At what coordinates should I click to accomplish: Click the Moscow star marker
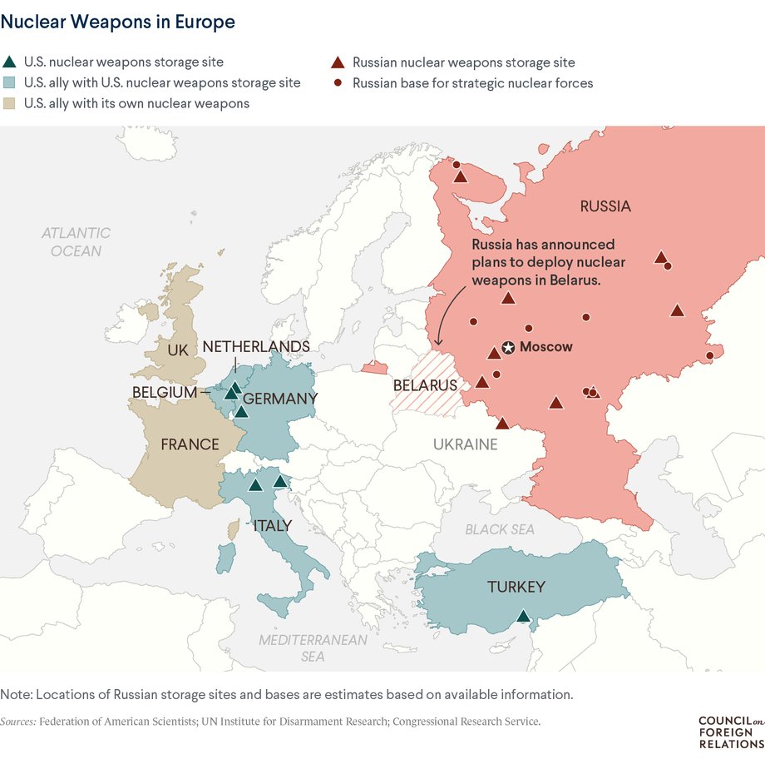point(508,347)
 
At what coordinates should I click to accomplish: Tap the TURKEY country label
point(516,587)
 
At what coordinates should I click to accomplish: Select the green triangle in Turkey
point(522,617)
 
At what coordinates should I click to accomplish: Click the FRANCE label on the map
point(190,444)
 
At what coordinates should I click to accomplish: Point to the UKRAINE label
point(465,444)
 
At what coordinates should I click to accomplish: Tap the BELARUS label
point(425,385)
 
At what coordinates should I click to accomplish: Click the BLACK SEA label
point(500,529)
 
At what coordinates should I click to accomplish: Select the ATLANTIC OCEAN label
point(76,241)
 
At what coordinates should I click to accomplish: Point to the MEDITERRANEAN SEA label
point(313,647)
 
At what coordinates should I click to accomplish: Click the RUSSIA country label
point(605,206)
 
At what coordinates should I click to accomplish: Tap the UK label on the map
point(178,350)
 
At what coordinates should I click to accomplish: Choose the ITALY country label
point(272,525)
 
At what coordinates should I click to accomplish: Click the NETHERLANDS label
point(256,346)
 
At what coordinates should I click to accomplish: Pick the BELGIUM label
point(164,391)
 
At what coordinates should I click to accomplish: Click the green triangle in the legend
point(9,62)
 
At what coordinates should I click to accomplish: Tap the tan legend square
point(9,104)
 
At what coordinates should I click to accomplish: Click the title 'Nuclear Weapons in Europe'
point(117,22)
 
